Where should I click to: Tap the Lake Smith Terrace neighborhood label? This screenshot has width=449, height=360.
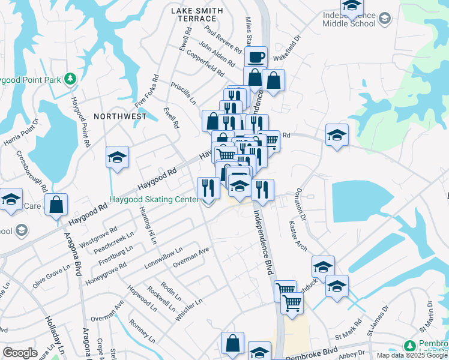click(x=197, y=15)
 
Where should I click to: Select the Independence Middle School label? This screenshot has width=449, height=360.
click(x=349, y=19)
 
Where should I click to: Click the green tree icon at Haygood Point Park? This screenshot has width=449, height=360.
click(x=70, y=79)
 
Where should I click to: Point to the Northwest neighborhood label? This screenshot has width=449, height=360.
click(x=120, y=116)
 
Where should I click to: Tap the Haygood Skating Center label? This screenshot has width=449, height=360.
click(x=154, y=199)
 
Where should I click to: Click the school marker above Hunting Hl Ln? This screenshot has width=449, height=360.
click(x=117, y=158)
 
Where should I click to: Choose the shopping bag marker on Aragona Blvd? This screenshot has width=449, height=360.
click(x=56, y=205)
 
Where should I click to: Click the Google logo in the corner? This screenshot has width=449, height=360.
click(x=20, y=353)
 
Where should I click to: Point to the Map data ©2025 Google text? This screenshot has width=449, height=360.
click(x=412, y=355)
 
